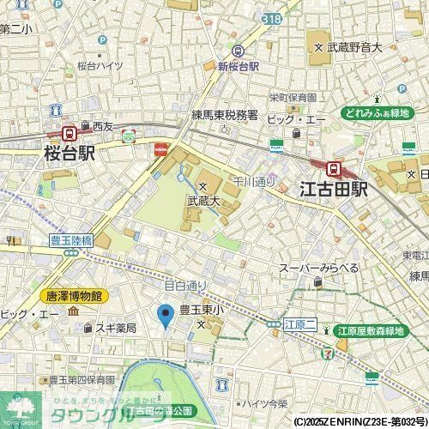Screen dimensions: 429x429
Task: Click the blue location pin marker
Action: [166, 316]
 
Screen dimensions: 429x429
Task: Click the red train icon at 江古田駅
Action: [335, 168]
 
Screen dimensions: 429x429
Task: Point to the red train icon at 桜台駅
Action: [68, 133]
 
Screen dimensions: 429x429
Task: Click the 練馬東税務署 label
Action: [224, 113]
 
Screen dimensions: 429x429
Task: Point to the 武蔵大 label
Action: [203, 201]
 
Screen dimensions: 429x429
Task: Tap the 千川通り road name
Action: [254, 182]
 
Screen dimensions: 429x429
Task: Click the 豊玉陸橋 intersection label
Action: [65, 242]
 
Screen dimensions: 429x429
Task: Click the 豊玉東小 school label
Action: [202, 310]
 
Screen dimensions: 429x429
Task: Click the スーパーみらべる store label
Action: [318, 269]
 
